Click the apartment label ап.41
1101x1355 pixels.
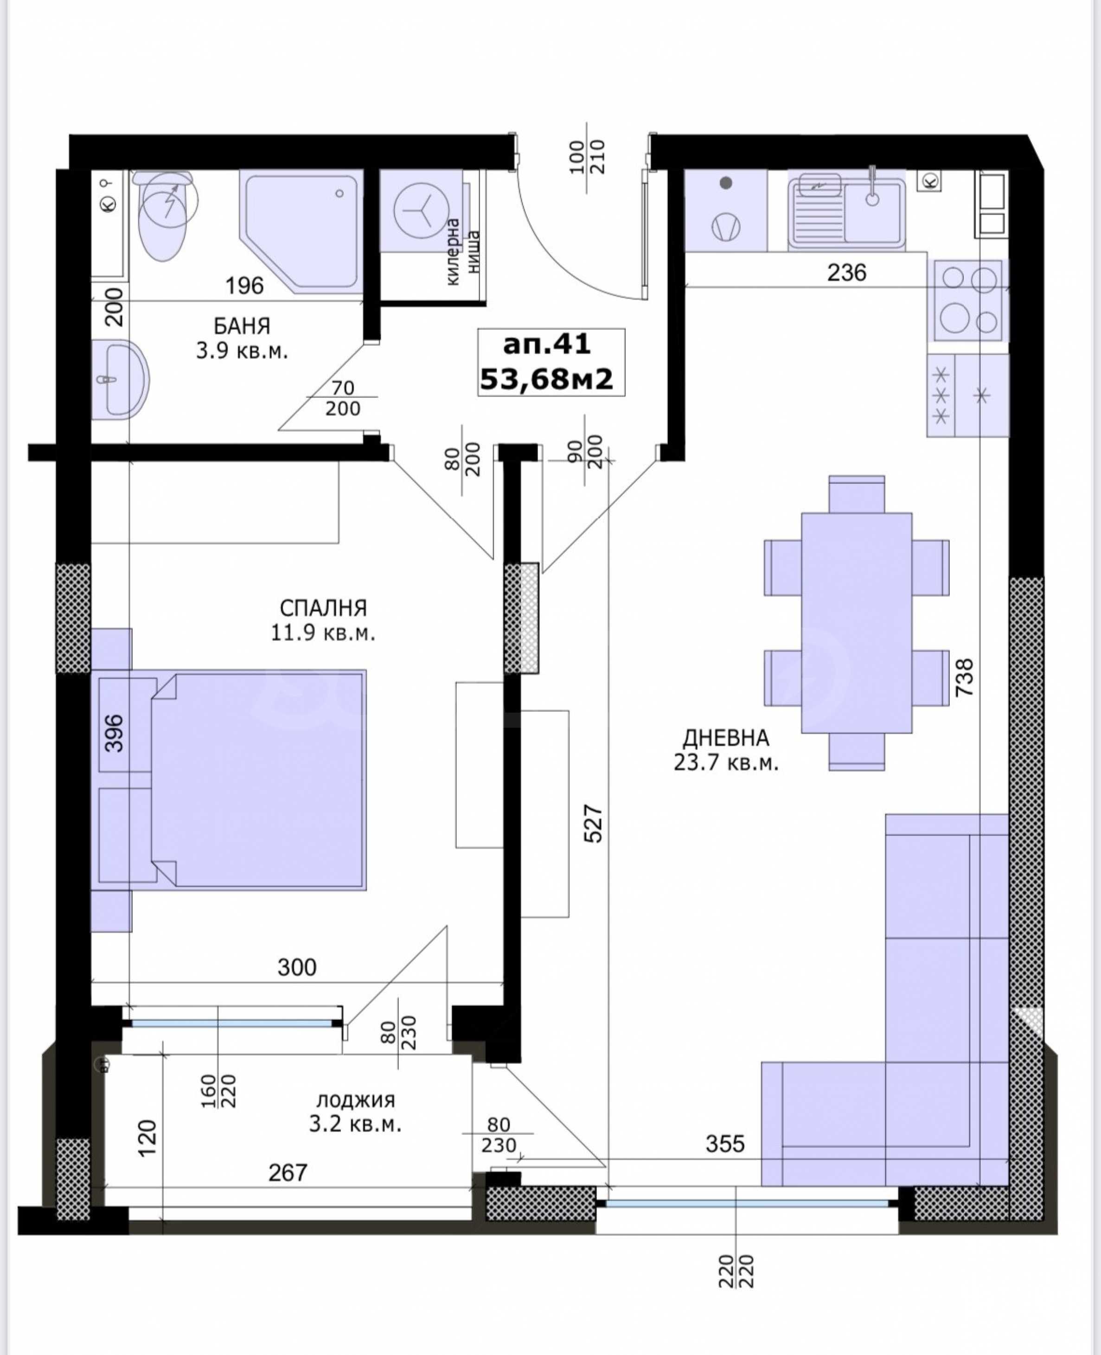[547, 344]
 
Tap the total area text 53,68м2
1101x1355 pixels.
[547, 379]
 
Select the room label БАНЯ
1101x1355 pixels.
[242, 326]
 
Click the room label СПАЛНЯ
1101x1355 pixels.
[323, 608]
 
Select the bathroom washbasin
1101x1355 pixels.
[121, 379]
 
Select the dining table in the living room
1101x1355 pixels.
[856, 623]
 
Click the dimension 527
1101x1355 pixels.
[594, 824]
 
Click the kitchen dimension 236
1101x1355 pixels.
[847, 272]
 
